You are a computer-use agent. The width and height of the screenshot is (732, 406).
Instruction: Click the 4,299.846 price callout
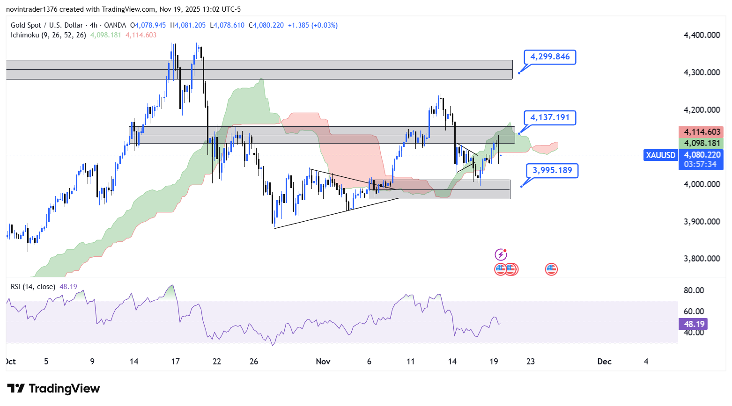pyautogui.click(x=550, y=57)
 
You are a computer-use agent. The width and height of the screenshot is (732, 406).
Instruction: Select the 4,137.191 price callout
pyautogui.click(x=550, y=117)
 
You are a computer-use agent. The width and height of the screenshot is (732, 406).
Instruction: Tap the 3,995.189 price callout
pyautogui.click(x=552, y=170)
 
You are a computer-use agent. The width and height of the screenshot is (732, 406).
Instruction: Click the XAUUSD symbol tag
pyautogui.click(x=660, y=155)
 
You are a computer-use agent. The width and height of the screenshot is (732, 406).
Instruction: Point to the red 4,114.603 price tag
pyautogui.click(x=702, y=132)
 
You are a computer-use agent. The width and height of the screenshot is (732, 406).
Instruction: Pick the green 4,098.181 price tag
pyautogui.click(x=702, y=143)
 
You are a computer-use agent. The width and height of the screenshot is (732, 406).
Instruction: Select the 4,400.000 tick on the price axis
pyautogui.click(x=702, y=35)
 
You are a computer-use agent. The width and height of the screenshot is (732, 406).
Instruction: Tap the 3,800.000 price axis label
pyautogui.click(x=702, y=259)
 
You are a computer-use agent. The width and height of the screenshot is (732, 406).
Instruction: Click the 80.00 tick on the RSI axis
pyautogui.click(x=694, y=290)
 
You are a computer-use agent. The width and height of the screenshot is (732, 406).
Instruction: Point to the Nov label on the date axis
pyautogui.click(x=323, y=362)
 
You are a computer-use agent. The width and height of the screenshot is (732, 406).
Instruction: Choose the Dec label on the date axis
pyautogui.click(x=604, y=362)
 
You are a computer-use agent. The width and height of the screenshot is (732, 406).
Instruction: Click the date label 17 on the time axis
pyautogui.click(x=176, y=362)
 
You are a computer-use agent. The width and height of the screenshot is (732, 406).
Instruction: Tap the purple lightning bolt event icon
pyautogui.click(x=501, y=254)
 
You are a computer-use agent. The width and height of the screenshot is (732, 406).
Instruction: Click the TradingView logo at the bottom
pyautogui.click(x=54, y=389)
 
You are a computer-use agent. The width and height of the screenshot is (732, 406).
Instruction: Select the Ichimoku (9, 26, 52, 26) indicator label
pyautogui.click(x=48, y=35)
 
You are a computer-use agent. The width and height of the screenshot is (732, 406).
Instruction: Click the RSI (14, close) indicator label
pyautogui.click(x=33, y=287)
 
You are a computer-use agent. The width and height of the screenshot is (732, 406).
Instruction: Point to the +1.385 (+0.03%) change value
pyautogui.click(x=312, y=25)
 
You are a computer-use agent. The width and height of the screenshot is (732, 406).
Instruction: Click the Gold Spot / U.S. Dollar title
pyautogui.click(x=47, y=25)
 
